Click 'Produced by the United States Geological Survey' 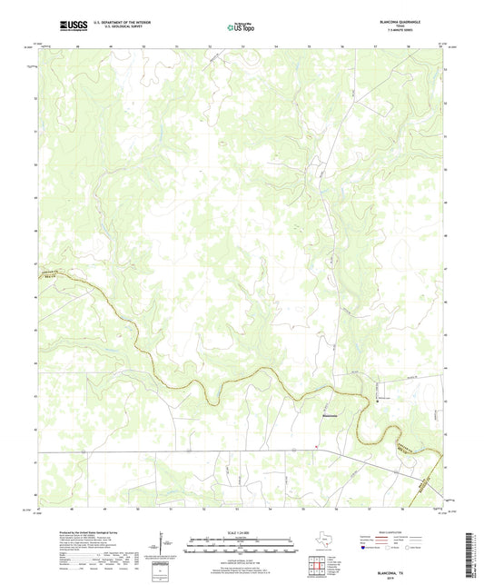click(83, 522)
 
